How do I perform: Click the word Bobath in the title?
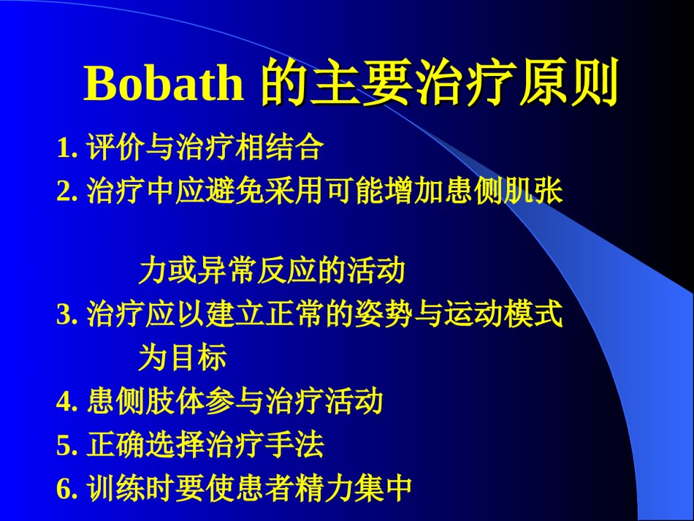pyautogui.click(x=164, y=83)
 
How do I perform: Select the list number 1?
pyautogui.click(x=66, y=148)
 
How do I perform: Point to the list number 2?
pyautogui.click(x=66, y=191)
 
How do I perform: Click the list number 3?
pyautogui.click(x=66, y=314)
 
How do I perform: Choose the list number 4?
pyautogui.click(x=66, y=401)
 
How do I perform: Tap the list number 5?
pyautogui.click(x=66, y=445)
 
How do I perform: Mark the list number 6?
pyautogui.click(x=66, y=488)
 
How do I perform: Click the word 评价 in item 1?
pyautogui.click(x=116, y=147)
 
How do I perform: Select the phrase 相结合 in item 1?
pyautogui.click(x=279, y=147)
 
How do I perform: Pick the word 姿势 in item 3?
pyautogui.click(x=384, y=313)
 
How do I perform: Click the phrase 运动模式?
pyautogui.click(x=503, y=313)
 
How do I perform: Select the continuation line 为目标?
pyautogui.click(x=183, y=357)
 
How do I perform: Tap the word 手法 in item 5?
pyautogui.click(x=294, y=444)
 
